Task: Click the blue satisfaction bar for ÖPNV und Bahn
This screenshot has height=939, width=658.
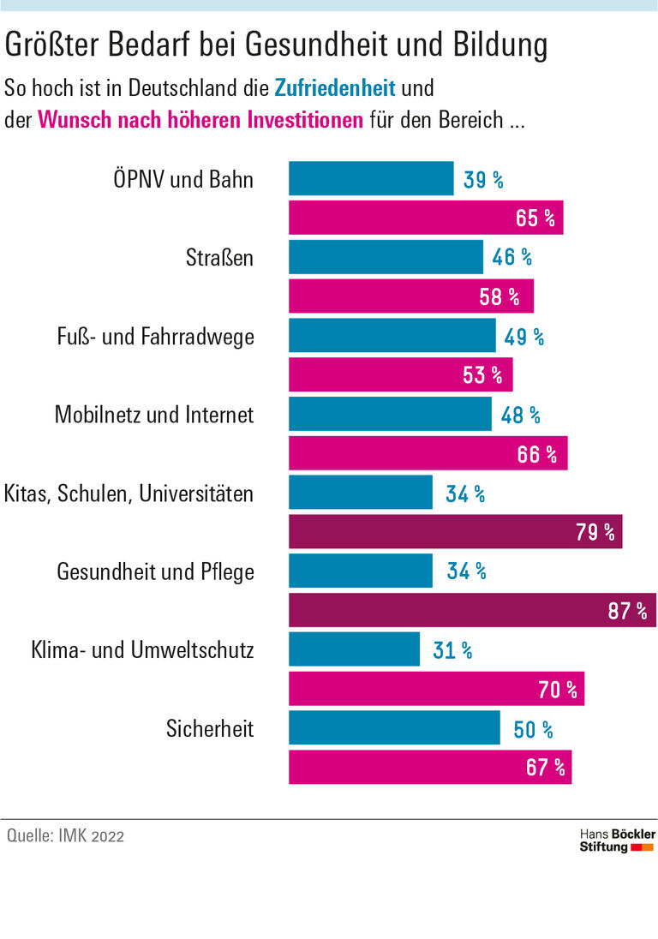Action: (x=371, y=179)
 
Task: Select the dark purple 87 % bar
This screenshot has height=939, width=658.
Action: (x=472, y=610)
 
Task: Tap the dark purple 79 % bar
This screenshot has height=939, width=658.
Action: (x=455, y=532)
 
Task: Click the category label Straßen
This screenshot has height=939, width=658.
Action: (x=220, y=257)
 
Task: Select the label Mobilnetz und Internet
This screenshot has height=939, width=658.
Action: (x=154, y=415)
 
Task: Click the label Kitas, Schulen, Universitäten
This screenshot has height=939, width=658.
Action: (x=129, y=493)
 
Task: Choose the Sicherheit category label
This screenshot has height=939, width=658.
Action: (x=210, y=728)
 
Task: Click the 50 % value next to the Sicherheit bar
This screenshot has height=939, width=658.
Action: (x=533, y=729)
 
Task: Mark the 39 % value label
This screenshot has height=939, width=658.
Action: (x=483, y=180)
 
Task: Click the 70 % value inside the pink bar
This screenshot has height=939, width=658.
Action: (x=558, y=689)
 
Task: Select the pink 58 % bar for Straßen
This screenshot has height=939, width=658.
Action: (x=410, y=296)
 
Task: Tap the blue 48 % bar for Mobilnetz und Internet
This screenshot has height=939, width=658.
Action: (x=390, y=415)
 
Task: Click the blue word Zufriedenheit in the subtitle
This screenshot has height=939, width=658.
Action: (x=335, y=87)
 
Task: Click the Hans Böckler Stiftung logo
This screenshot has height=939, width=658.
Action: (x=618, y=840)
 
